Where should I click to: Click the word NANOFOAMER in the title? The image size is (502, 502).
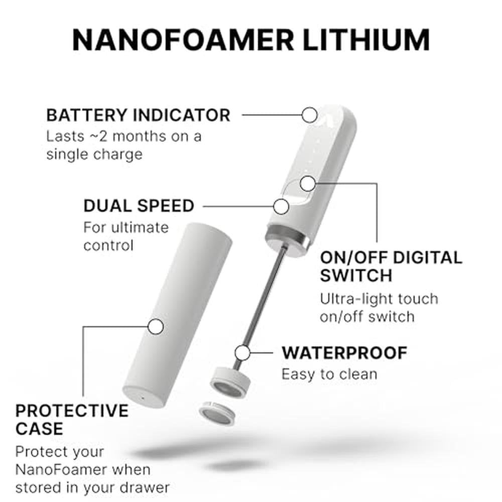tap(183, 40)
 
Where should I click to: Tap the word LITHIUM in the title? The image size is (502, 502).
tap(366, 40)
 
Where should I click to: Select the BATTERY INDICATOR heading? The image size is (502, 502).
tap(139, 115)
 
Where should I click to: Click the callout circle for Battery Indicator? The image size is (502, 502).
tap(310, 115)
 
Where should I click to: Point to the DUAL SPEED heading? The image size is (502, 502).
tap(139, 206)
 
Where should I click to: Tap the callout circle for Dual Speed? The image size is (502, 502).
tap(282, 206)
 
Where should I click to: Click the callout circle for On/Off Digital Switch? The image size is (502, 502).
tap(308, 184)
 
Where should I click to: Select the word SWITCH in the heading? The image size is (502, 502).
tap(356, 275)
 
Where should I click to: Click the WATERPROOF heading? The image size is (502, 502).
tap(344, 353)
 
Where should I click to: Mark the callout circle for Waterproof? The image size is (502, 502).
tap(242, 353)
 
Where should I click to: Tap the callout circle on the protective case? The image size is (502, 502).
tap(156, 327)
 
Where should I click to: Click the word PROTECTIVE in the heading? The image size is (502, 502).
tap(72, 411)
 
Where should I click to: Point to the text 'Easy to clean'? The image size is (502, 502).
tap(329, 374)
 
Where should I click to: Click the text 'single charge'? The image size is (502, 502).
tap(94, 155)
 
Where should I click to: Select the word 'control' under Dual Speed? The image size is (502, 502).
tap(108, 245)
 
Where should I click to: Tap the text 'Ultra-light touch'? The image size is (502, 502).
tap(379, 299)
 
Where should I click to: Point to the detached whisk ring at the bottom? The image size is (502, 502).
tap(217, 413)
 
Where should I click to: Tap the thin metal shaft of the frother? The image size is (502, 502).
tap(260, 307)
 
